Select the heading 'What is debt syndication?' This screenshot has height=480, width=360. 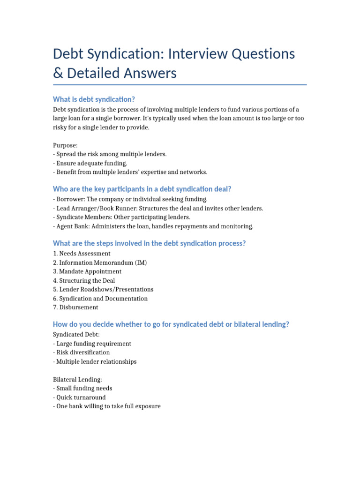point(94,99)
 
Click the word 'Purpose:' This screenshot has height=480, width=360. point(65,145)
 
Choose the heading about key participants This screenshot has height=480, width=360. point(142,189)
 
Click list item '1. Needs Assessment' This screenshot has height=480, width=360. point(82,254)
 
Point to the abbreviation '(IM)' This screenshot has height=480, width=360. point(141,262)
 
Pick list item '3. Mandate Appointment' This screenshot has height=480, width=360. point(87,271)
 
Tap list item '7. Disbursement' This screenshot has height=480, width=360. point(75,307)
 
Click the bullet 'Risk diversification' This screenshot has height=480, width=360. point(83,352)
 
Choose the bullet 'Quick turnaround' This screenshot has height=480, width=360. point(81,397)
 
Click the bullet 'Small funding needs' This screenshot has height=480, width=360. point(84,388)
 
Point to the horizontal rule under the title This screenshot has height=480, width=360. point(180,85)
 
